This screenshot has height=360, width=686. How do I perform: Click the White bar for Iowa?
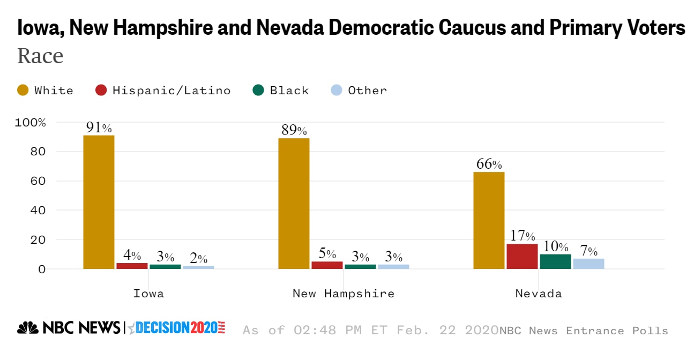[99, 202]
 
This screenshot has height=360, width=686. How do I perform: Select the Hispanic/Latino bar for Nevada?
[522, 257]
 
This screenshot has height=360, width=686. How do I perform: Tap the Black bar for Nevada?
[555, 261]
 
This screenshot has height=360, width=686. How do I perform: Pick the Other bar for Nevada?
[588, 264]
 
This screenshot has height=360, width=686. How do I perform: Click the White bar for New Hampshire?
[294, 204]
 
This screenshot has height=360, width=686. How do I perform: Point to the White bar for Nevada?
[489, 220]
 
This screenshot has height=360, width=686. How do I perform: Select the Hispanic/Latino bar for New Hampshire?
[327, 265]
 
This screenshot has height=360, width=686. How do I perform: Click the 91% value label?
[99, 128]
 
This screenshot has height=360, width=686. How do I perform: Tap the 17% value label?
[523, 236]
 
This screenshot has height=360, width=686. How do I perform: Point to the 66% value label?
[489, 164]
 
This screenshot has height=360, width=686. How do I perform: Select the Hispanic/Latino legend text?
[171, 91]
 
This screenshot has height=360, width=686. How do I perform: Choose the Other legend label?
[367, 91]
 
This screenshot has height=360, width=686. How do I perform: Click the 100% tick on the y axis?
[31, 123]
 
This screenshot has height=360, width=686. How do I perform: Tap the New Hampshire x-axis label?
[343, 294]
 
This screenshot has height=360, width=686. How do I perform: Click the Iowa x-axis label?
[148, 294]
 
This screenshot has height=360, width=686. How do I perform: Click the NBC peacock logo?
[28, 328]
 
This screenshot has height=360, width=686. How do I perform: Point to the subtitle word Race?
[40, 56]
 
